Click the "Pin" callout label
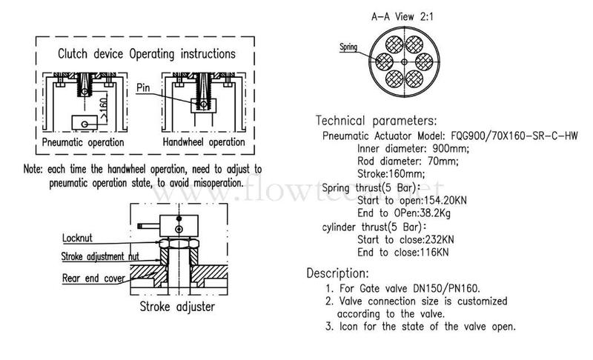coord(143,88)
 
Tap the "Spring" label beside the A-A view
coord(348,47)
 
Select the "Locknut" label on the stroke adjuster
coord(77,238)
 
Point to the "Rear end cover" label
coord(93,279)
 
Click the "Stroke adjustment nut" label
coord(100,256)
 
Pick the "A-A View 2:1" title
coord(402,16)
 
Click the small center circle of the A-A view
coord(404,61)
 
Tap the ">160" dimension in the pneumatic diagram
coord(103,104)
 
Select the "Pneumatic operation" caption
coord(83,142)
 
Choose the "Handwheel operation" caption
coord(204,142)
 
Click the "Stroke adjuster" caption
coord(177,307)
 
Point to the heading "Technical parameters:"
coord(377,121)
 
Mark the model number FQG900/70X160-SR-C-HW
coord(514,136)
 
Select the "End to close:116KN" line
coord(403,252)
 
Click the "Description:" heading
coord(337,273)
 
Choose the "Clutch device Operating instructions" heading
coord(147,54)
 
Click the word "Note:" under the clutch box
coord(33,169)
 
